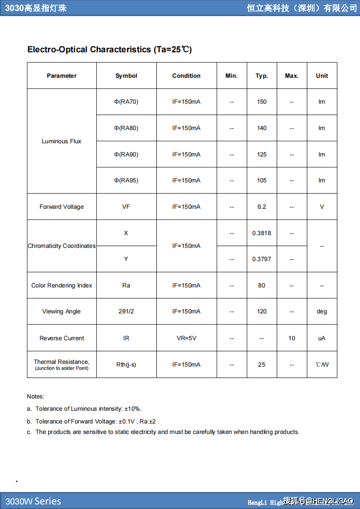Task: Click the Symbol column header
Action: click(126, 76)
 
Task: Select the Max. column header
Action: click(291, 76)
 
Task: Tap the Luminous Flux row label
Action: click(61, 141)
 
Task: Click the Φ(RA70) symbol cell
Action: click(126, 102)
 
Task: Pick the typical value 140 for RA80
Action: click(262, 128)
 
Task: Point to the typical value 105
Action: click(262, 181)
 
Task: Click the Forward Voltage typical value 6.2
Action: click(262, 207)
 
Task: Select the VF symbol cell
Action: click(126, 207)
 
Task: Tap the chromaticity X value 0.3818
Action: click(262, 233)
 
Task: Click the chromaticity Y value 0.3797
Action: click(262, 259)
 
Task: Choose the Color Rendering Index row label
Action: click(61, 286)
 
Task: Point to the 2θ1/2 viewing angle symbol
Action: click(126, 312)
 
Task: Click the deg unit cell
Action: click(322, 312)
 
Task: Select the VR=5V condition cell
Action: click(186, 338)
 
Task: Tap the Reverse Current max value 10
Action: click(291, 338)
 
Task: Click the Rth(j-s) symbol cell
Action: click(126, 365)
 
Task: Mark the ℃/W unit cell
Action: click(322, 365)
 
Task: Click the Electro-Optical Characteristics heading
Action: click(110, 50)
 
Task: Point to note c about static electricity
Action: click(163, 432)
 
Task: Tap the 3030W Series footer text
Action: click(33, 501)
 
